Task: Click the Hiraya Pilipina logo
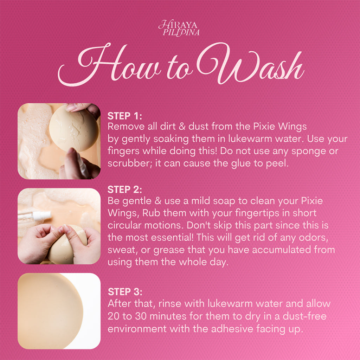[x=179, y=28]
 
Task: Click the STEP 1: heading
[x=125, y=116]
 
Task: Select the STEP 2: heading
[x=125, y=189]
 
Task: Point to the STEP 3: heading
[x=125, y=292]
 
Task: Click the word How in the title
[x=108, y=64]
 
